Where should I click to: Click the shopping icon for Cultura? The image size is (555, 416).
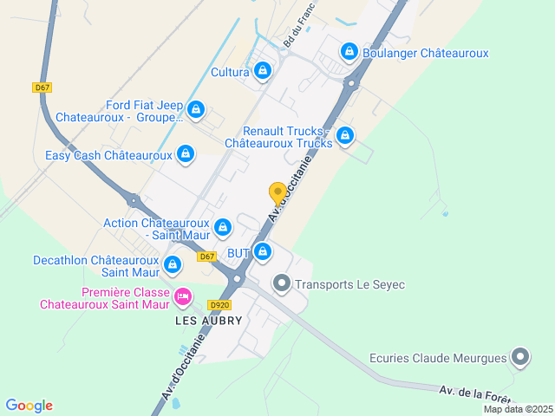click(x=262, y=70)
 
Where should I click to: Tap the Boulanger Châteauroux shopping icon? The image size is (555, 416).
click(x=349, y=52)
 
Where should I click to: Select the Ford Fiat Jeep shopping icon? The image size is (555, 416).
click(x=196, y=109)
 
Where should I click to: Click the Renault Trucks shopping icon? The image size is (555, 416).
click(x=345, y=135)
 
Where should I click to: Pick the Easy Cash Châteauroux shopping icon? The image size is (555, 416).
click(x=185, y=155)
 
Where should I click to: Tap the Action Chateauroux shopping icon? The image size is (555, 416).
click(x=223, y=227)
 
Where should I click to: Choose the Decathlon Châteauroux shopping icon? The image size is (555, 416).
click(x=172, y=263)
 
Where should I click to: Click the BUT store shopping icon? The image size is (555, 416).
click(x=263, y=252)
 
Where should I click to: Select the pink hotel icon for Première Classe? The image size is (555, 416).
click(x=182, y=297)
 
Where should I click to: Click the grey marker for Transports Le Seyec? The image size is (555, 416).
click(x=282, y=283)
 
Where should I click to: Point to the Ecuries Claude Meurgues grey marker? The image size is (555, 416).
click(x=520, y=356)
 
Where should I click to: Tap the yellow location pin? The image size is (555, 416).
click(x=277, y=194)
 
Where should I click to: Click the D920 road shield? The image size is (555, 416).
click(x=219, y=305)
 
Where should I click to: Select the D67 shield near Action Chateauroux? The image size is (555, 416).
click(x=206, y=257)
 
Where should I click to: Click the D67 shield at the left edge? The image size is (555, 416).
click(x=42, y=88)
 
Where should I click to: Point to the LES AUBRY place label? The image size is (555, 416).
click(x=208, y=321)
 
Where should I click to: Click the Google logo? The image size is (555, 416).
click(x=29, y=406)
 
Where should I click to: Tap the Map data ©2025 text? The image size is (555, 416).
click(x=518, y=410)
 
